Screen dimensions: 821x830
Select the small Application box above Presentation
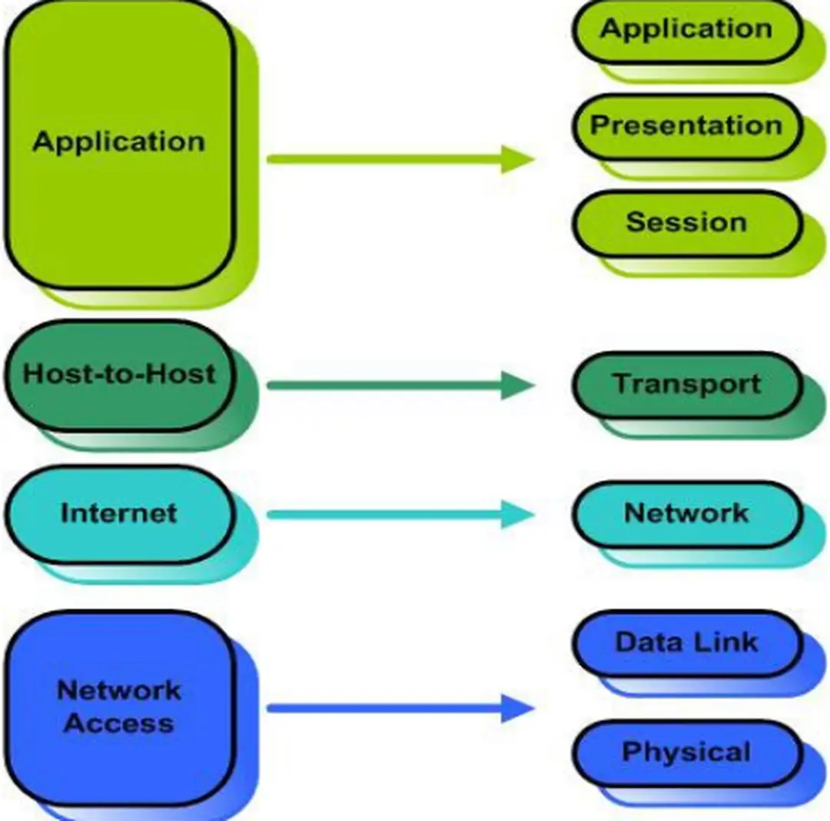point(686,31)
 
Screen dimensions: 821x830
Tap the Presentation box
point(686,126)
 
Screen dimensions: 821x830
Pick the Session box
point(686,223)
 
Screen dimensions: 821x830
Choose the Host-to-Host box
point(119,375)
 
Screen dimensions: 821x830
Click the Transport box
point(686,384)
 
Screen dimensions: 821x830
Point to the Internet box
point(119,513)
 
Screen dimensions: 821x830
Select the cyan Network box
point(686,513)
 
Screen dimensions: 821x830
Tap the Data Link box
point(686,643)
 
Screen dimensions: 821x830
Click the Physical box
point(686,752)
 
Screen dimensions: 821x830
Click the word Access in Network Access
point(119,724)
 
